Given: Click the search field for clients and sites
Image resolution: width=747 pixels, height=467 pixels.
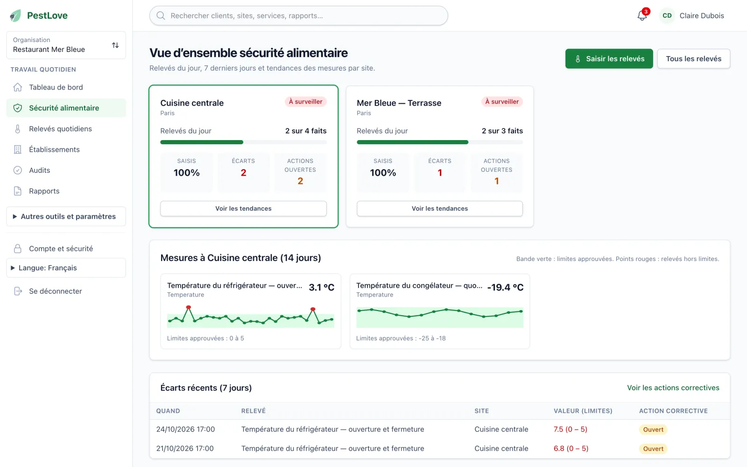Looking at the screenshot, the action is [298, 16].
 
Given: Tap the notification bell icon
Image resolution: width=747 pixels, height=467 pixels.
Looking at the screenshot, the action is [642, 16].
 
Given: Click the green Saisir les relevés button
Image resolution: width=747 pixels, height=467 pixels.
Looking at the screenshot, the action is [609, 59].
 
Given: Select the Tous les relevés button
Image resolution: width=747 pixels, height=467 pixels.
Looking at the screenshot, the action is [694, 59].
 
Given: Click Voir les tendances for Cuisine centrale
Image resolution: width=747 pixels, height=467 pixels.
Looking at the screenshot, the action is [243, 208].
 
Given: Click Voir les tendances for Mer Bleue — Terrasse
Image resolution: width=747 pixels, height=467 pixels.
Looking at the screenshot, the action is [439, 208].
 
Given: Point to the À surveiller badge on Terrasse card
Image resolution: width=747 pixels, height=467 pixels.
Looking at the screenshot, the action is [502, 102].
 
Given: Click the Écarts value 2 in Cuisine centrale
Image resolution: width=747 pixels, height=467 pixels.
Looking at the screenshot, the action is [243, 173].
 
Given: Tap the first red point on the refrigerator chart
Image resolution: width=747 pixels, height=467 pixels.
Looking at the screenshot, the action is [189, 307].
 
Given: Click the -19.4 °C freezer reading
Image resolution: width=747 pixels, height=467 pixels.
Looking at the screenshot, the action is [505, 287].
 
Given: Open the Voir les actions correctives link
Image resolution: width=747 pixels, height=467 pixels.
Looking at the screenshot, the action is [673, 388].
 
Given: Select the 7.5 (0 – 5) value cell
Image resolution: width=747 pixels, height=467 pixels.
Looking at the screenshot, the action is [570, 429].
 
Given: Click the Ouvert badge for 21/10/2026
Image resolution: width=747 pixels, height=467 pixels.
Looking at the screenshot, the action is [653, 449].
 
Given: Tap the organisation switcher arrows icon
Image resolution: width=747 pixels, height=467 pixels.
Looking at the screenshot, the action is [115, 45].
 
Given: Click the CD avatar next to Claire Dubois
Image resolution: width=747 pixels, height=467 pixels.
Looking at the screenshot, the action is [667, 16].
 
